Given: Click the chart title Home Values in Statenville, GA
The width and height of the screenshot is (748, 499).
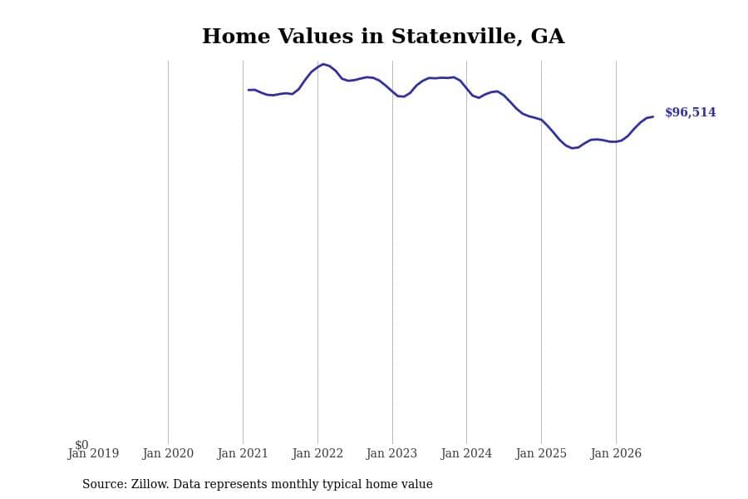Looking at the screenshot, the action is coord(383,37).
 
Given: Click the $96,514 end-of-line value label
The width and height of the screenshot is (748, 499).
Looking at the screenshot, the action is coord(691,113).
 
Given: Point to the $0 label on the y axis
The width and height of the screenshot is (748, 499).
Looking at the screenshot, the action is coord(81,445).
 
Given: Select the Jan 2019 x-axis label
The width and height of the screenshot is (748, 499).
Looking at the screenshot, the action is coord(93,453).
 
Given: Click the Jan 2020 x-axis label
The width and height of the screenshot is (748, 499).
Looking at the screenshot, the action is coord(168,453).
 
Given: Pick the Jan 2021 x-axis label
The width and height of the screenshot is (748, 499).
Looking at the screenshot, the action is coord(243,453).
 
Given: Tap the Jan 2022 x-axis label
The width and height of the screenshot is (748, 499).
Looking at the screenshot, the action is coord(317,453).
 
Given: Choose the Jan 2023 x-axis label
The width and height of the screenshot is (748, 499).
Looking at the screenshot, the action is coord(391,453).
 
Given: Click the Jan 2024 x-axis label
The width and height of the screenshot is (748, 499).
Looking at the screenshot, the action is coord(466,453).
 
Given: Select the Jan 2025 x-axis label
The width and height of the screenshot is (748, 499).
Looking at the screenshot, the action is coord(541,453).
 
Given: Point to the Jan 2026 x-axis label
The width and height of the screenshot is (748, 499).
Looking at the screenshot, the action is coord(616,453).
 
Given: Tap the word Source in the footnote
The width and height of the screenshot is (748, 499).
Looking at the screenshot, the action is coord(104,484).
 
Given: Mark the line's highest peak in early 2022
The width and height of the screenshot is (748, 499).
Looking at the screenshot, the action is coord(323,64).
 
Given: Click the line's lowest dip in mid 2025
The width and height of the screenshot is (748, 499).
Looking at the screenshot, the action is coord(573,148).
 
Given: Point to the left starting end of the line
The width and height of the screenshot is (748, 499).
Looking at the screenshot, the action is coord(249,90).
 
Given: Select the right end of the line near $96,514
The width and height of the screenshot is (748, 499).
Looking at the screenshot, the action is coord(652,116).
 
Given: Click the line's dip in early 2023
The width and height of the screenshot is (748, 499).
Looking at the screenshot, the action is coord(402,96).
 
